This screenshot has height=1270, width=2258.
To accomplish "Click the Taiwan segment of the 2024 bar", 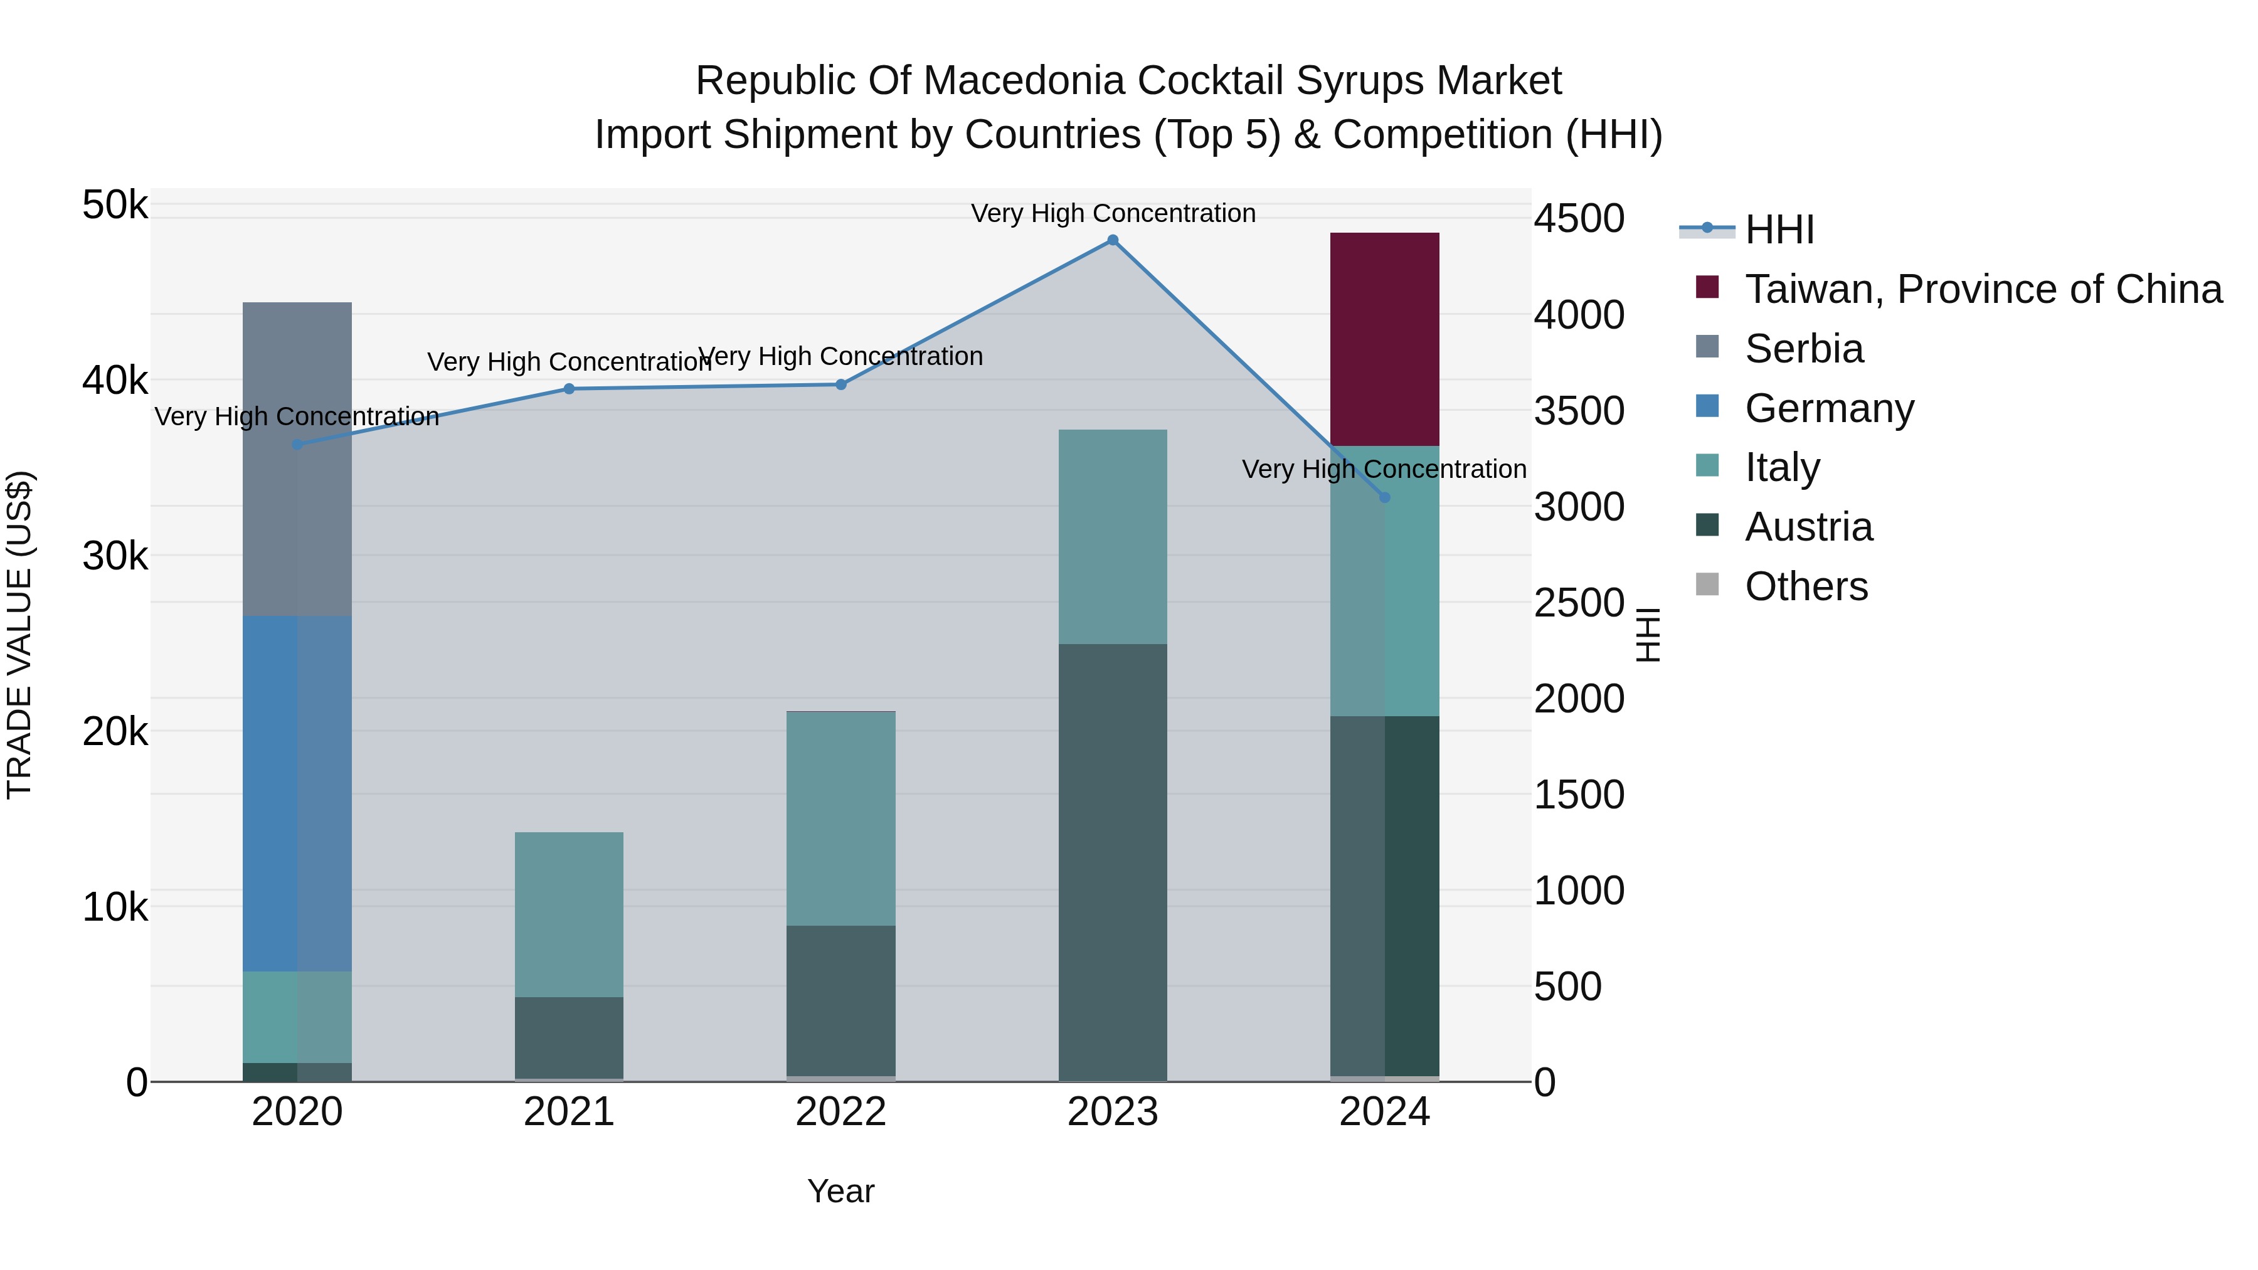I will (1384, 339).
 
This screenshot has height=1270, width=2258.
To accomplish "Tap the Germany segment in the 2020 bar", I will (297, 793).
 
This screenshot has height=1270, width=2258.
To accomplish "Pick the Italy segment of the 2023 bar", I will (1112, 536).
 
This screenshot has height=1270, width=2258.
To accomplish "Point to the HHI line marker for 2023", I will (1112, 240).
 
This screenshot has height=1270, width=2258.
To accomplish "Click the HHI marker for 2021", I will (569, 389).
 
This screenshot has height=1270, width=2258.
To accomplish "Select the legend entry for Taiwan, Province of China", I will (1983, 289).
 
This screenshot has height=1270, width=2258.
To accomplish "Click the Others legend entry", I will (1806, 586).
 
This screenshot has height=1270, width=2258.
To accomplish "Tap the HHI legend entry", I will (1779, 230).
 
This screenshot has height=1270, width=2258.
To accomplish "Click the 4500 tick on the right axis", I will (1578, 218).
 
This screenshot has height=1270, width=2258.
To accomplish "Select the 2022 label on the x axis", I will (840, 1112).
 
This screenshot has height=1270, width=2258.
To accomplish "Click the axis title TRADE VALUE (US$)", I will (19, 635).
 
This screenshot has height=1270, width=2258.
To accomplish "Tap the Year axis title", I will (840, 1191).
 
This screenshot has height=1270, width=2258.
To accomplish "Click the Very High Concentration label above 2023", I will (1112, 213).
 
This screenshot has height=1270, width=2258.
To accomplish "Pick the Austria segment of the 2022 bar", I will (840, 999).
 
